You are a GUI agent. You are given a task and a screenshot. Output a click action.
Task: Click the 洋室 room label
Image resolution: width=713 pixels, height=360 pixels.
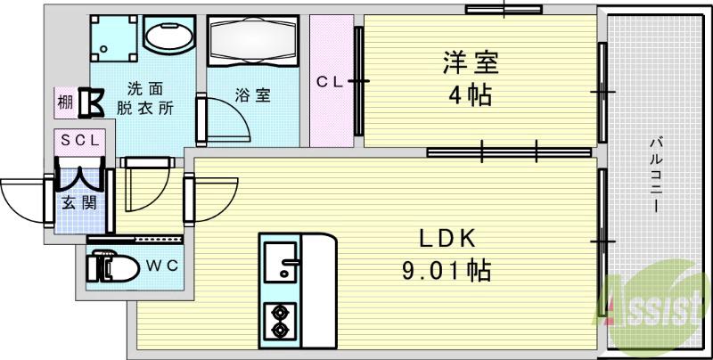[x=471, y=65]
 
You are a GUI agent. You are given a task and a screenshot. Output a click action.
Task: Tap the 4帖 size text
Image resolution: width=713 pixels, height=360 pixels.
[x=471, y=94]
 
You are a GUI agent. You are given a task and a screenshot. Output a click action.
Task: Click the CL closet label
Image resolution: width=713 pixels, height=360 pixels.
[x=332, y=82]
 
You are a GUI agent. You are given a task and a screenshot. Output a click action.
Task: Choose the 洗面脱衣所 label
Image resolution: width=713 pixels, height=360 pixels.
[x=143, y=97]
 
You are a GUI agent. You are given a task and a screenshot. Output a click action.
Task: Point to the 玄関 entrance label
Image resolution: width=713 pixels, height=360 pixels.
[x=74, y=201]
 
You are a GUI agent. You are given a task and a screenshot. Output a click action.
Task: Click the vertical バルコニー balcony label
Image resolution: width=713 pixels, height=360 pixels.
[x=655, y=174]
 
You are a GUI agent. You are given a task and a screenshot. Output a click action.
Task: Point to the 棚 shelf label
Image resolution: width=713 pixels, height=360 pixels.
[x=65, y=102]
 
